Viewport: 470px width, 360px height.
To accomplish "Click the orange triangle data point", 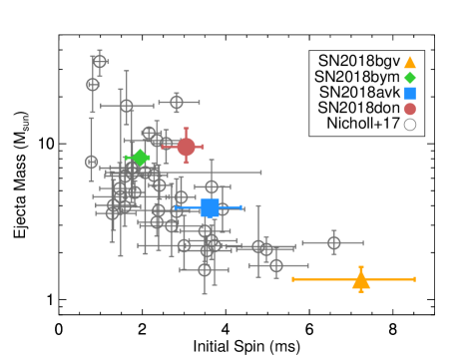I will tap(360, 280).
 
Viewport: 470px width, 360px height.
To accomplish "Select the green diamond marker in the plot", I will tap(140, 158).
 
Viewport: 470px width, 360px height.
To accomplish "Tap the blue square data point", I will tap(210, 207).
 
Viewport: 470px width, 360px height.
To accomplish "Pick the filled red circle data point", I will tap(186, 147).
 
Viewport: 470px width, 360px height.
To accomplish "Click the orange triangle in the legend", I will tap(409, 62).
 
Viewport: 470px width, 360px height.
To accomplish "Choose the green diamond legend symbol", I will tap(409, 78).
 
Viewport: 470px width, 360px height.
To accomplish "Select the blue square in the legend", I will tap(409, 93).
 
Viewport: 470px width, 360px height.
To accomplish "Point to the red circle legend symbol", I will tap(409, 109).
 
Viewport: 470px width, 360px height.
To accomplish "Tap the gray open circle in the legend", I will tap(409, 125).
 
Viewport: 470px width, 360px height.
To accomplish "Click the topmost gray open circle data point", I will tap(99, 62).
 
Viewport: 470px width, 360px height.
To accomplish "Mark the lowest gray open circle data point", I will tap(205, 269).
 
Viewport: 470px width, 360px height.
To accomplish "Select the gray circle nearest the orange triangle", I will tap(333, 242).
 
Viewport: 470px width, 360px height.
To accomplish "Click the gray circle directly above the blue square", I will tap(212, 186).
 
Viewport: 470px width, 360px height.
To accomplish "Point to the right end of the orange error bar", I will tap(414, 279).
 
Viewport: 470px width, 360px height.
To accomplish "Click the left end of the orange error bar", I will tap(292, 279).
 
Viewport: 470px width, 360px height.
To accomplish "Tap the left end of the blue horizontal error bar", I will tap(173, 207).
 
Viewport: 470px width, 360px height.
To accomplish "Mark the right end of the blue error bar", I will tap(242, 207).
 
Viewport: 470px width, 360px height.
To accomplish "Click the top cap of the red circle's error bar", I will tap(186, 129).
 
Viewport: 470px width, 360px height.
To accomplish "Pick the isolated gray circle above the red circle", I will tap(177, 102).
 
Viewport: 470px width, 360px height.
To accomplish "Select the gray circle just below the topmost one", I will tap(93, 85).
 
